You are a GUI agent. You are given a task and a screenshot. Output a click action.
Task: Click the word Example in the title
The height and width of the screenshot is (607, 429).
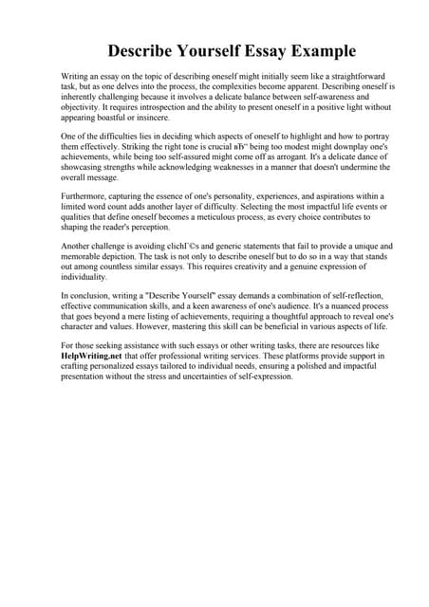[315, 50]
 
